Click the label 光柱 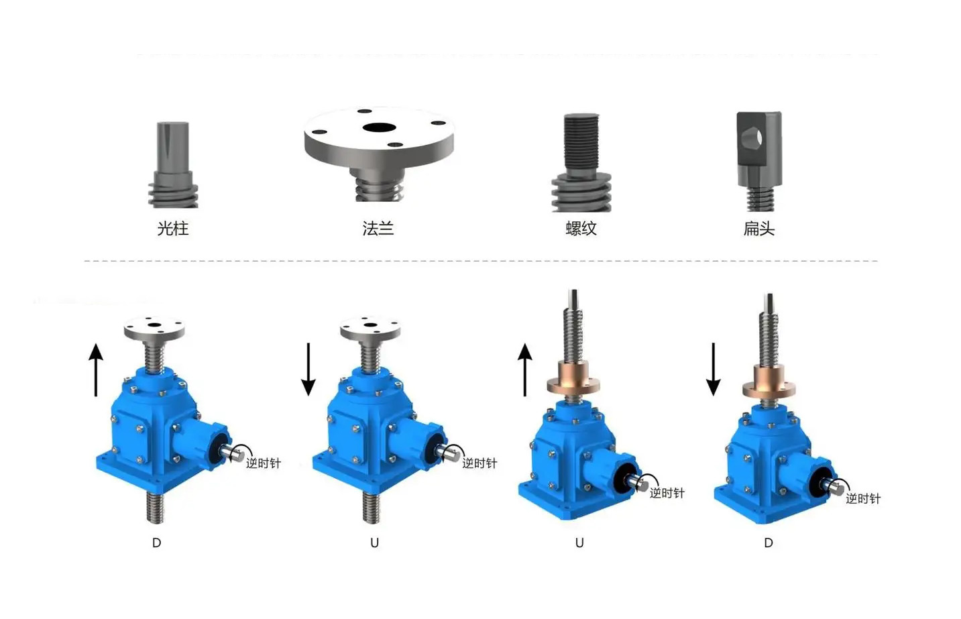173,228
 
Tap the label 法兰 378,228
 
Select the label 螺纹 581,228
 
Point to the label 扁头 759,228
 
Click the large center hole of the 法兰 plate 379,127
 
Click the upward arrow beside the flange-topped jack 96,370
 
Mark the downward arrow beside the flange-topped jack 308,370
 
